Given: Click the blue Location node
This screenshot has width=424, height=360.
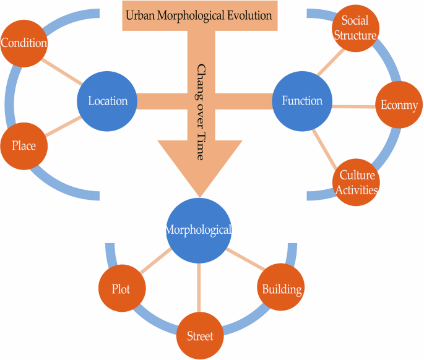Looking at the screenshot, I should pyautogui.click(x=107, y=101).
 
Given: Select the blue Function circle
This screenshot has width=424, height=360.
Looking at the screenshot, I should pyautogui.click(x=302, y=101).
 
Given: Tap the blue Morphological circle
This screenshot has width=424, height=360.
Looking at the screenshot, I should pyautogui.click(x=198, y=229).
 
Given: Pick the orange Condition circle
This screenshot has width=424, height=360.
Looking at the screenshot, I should pyautogui.click(x=24, y=44).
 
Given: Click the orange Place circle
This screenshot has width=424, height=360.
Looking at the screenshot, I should pyautogui.click(x=24, y=146).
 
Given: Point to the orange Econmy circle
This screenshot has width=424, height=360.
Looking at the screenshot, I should pyautogui.click(x=398, y=105).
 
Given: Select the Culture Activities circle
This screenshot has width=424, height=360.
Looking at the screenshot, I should pyautogui.click(x=356, y=182).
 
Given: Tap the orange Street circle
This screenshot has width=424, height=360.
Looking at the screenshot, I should pyautogui.click(x=199, y=336).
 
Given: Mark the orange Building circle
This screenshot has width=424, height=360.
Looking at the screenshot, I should pyautogui.click(x=281, y=289).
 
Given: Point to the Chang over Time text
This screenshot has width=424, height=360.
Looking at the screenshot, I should pyautogui.click(x=201, y=111).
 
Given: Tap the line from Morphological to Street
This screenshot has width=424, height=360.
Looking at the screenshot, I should pyautogui.click(x=199, y=288).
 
